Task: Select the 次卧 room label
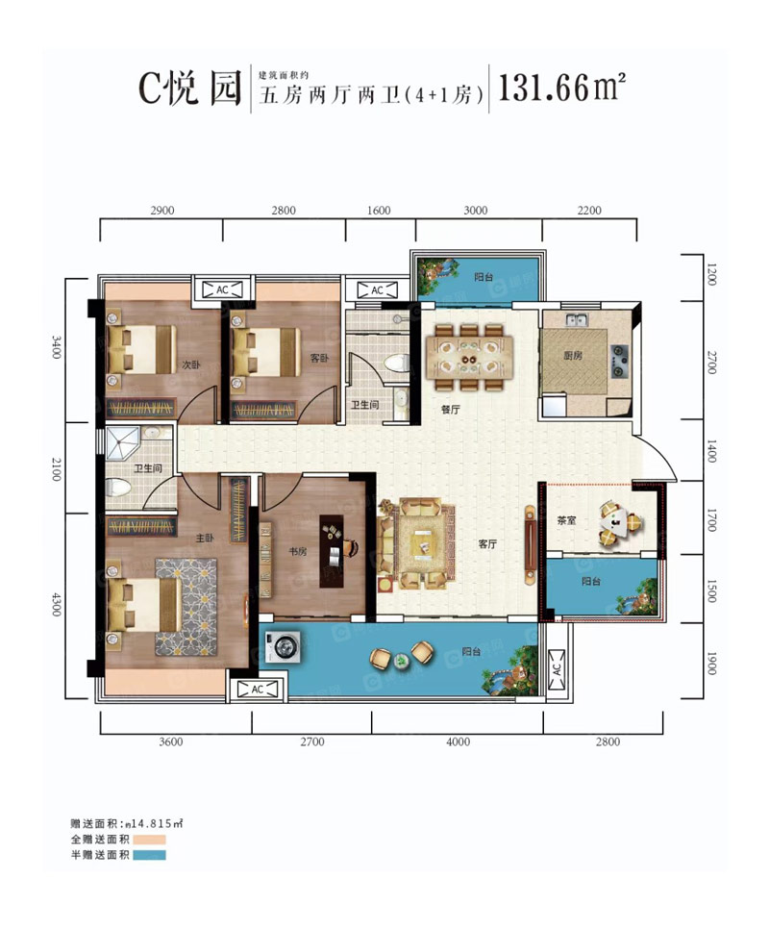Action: [190, 365]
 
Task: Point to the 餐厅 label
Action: [450, 408]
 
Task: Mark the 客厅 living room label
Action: [488, 543]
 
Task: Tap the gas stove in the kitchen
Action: [620, 357]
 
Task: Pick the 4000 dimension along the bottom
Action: [458, 741]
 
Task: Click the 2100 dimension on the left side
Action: [58, 470]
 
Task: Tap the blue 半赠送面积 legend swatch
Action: [150, 855]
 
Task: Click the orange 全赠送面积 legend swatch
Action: [150, 840]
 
